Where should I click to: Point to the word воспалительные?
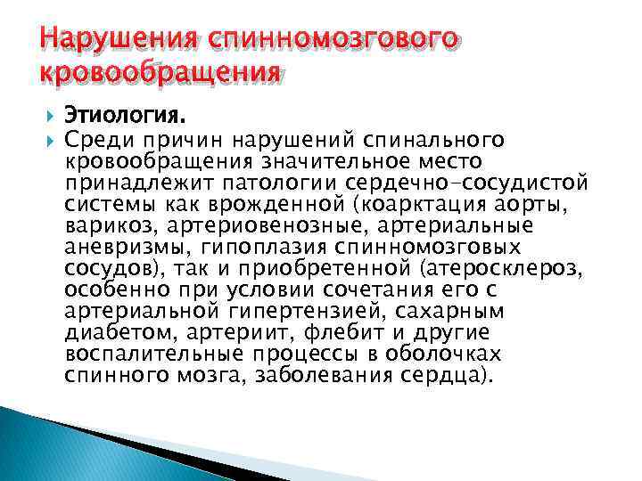[x=151, y=354]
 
